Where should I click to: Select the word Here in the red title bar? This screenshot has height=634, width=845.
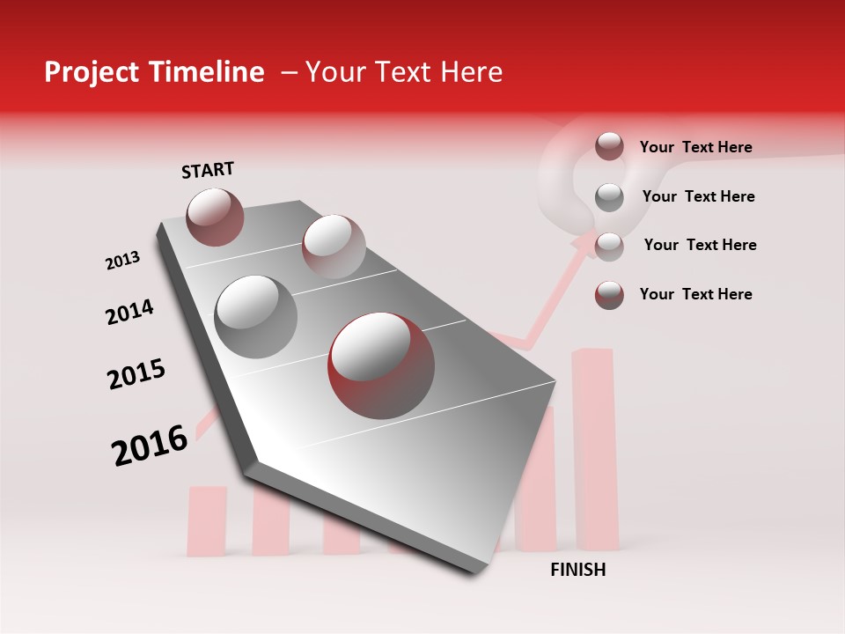[471, 72]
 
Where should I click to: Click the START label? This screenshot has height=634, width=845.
[208, 170]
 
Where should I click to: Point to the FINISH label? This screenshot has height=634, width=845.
[578, 570]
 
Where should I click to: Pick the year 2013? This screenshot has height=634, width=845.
[122, 261]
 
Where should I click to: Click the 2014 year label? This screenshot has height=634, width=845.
[129, 312]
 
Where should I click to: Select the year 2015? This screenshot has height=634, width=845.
[136, 374]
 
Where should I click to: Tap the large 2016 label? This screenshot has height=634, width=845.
[150, 445]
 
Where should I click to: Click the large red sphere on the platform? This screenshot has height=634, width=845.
[381, 364]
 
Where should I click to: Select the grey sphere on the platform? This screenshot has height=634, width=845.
[255, 316]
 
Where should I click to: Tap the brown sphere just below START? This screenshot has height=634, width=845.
[215, 217]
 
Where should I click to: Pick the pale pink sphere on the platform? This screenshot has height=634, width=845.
[334, 246]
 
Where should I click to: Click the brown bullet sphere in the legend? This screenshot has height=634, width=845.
[609, 146]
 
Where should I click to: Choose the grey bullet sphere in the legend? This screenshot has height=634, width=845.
[609, 196]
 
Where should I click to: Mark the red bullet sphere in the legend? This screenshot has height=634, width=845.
[609, 294]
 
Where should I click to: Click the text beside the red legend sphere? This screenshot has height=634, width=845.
[696, 294]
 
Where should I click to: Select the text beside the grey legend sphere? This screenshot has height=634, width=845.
[699, 196]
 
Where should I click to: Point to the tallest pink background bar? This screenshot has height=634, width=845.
[595, 449]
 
